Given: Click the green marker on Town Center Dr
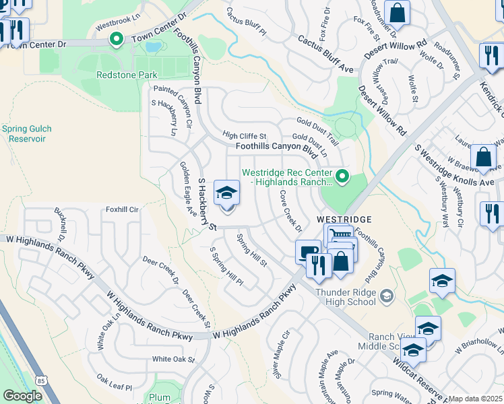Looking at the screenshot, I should tap(117, 40).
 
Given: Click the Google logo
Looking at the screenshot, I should tap(22, 396).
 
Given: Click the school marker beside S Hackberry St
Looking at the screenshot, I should tap(227, 194).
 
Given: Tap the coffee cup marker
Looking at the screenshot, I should tap(308, 252).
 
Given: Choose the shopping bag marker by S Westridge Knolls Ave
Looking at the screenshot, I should tap(483, 158).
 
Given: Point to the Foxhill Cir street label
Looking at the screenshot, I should tap(121, 210).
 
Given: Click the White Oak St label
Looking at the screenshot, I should tap(173, 360).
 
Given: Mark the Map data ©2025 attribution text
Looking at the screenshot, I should tap(475, 399).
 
